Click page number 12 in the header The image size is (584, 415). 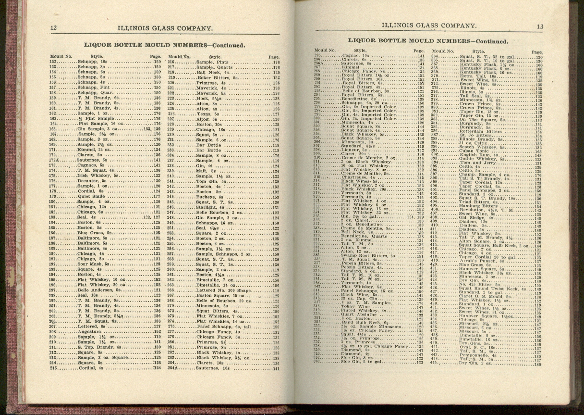click(53, 28)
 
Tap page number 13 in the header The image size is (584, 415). click(540, 27)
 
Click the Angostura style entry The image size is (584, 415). click(90, 332)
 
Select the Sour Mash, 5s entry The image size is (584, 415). click(93, 264)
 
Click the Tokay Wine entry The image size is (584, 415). click(355, 306)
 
